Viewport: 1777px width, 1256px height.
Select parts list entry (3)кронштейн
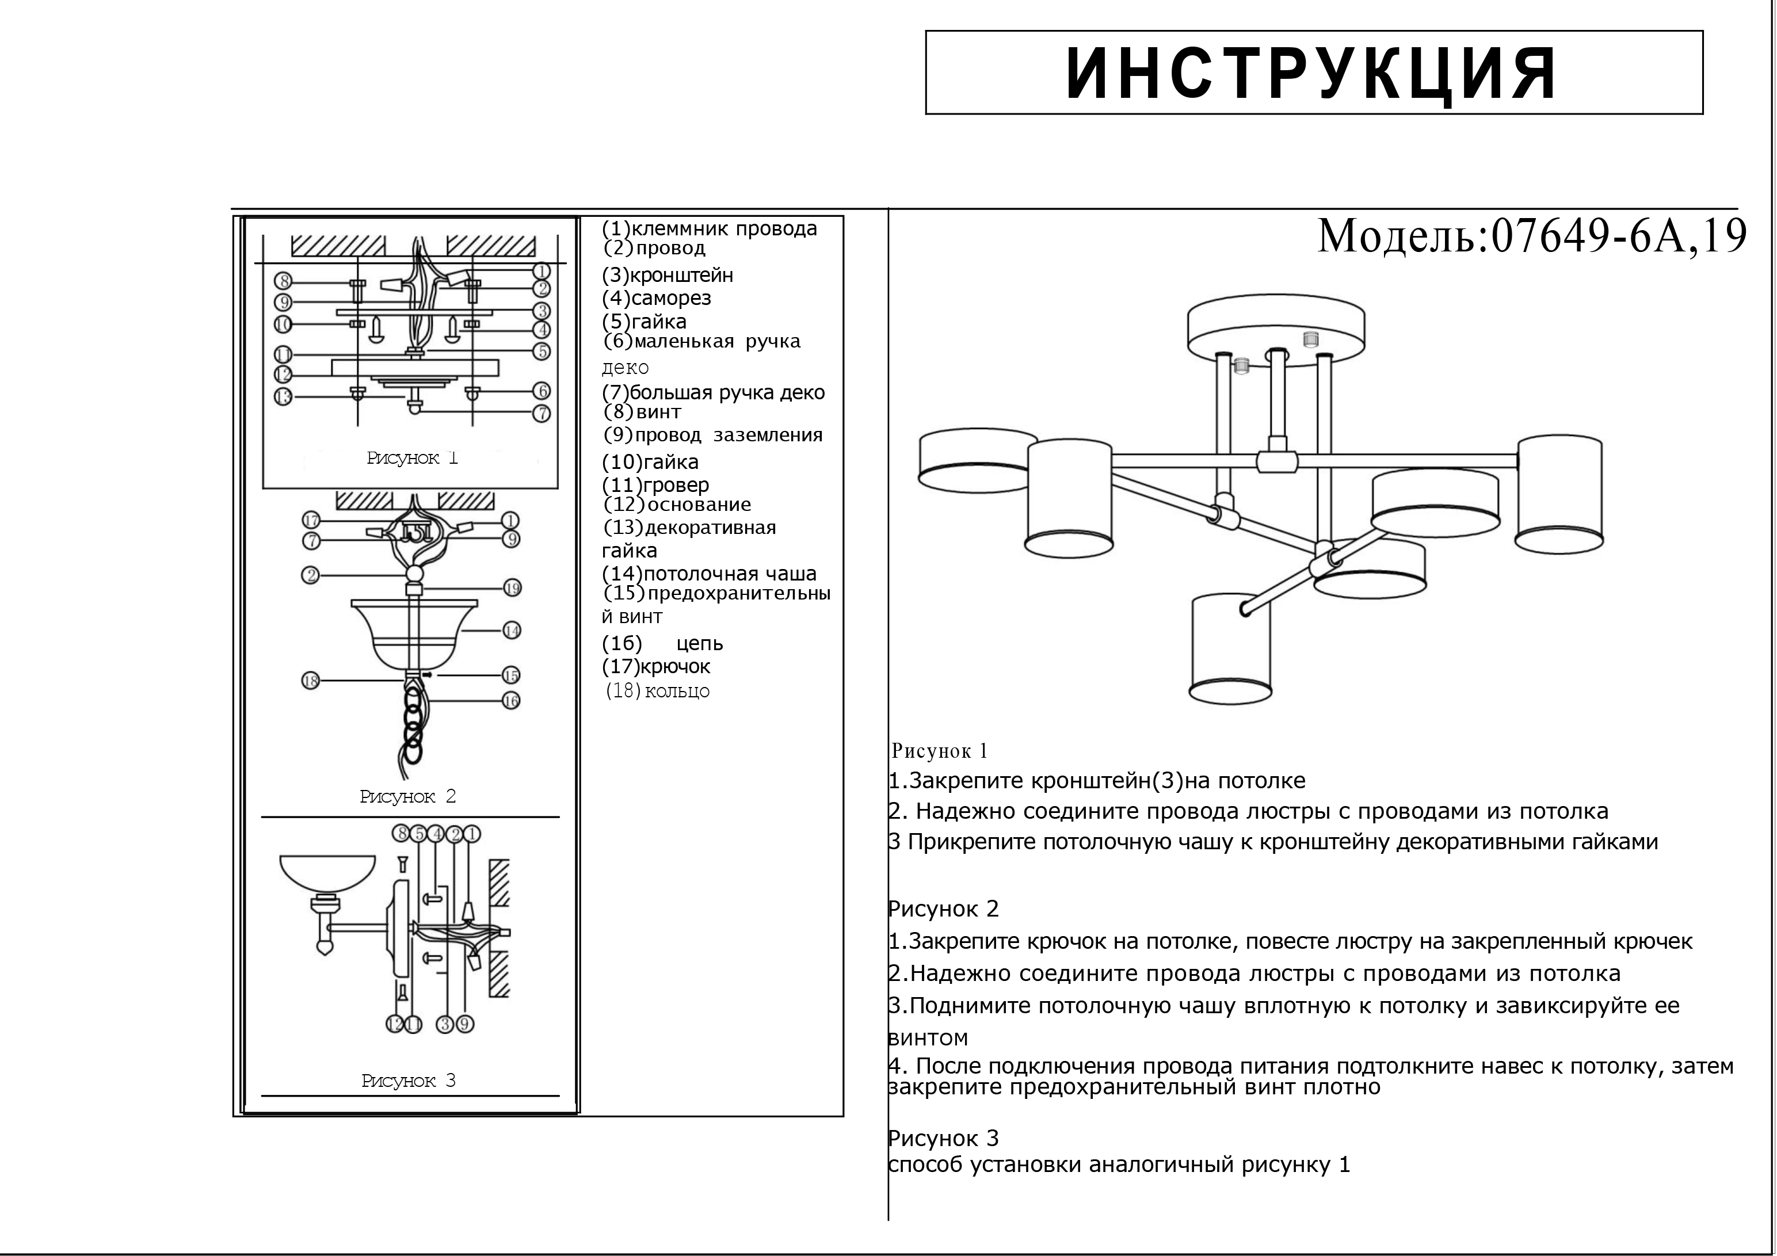[667, 276]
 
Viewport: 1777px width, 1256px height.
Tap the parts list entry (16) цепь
[662, 643]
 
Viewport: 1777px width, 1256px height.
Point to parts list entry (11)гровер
[655, 485]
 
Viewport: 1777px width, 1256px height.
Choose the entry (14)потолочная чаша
[709, 574]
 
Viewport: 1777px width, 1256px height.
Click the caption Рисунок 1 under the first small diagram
[412, 458]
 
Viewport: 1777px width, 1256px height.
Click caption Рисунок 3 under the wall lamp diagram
[409, 1081]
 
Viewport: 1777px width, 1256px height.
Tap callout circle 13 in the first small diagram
[283, 397]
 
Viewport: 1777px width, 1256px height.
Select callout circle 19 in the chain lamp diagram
[512, 588]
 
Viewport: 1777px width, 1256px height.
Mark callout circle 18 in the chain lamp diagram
[310, 681]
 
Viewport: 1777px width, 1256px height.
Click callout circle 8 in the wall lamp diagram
[400, 834]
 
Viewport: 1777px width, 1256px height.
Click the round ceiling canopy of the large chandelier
[1275, 329]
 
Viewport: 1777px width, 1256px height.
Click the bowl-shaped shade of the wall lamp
[327, 874]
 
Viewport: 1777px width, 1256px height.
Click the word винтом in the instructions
[929, 1038]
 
